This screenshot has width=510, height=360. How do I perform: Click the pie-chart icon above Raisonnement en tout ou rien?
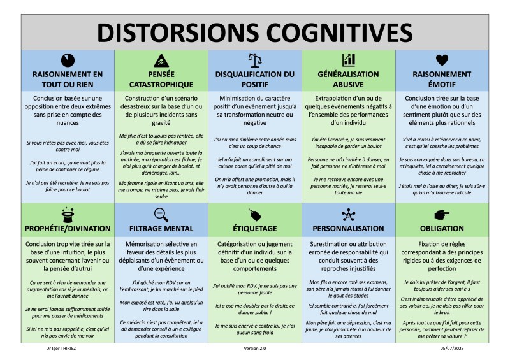68,60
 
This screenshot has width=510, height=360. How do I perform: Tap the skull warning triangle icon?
161,60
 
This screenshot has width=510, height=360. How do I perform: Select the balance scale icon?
254,60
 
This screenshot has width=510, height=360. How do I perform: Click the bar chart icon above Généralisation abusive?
348,60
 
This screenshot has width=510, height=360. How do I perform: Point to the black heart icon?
441,60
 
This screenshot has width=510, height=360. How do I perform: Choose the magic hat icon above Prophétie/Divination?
68,213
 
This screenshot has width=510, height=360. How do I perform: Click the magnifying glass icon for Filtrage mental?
161,213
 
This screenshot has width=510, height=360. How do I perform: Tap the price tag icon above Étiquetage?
254,213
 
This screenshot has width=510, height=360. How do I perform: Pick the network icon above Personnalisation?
348,213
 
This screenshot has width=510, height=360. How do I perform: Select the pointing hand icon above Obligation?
441,213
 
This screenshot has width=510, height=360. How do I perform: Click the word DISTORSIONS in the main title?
168,31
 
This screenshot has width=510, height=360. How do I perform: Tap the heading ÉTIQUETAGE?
254,227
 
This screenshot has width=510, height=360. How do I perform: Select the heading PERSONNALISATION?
348,227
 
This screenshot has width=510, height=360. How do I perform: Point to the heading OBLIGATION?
441,227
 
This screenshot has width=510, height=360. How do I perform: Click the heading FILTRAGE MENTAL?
161,227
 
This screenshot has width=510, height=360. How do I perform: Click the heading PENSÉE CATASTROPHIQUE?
161,79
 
